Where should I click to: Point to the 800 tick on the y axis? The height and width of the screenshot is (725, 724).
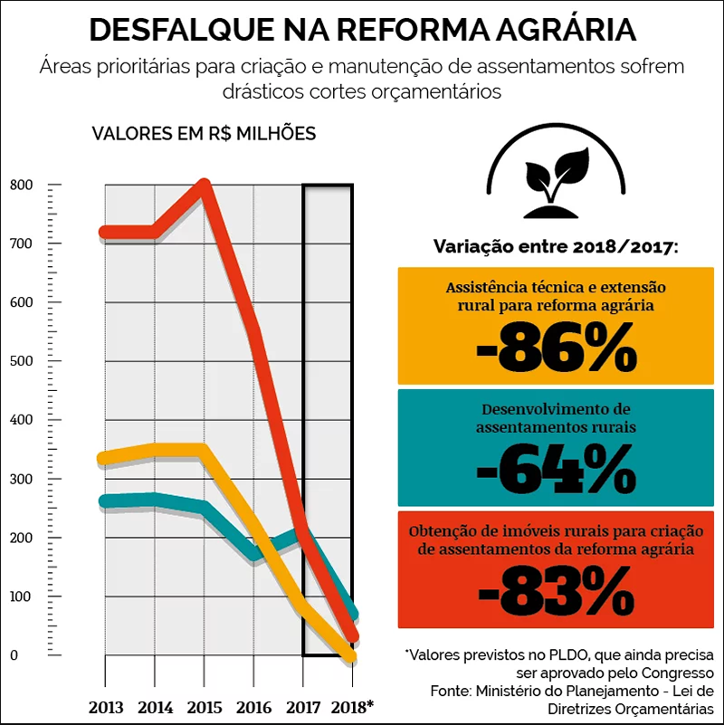[x=21, y=186]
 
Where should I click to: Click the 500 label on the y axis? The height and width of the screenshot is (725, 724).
[x=21, y=362]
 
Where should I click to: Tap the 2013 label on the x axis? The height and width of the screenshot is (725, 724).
[x=106, y=706]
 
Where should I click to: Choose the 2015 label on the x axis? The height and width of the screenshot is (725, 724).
[x=205, y=706]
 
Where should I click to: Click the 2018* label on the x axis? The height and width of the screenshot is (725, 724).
[x=351, y=706]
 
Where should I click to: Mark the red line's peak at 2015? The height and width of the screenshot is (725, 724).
[x=205, y=186]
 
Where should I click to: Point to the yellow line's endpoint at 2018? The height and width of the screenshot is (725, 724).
[x=350, y=655]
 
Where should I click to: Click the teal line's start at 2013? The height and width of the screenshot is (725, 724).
[x=106, y=501]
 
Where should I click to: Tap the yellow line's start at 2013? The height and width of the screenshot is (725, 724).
[x=106, y=458]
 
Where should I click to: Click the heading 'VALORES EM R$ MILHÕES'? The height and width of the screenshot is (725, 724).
[x=204, y=133]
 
